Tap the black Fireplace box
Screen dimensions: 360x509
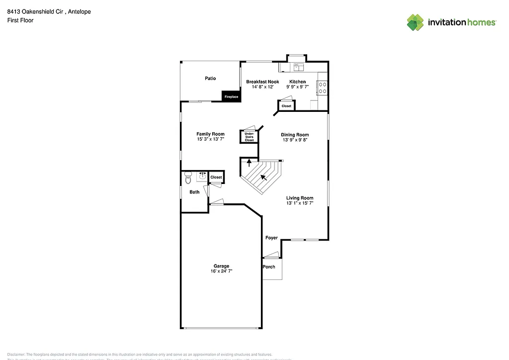click(231, 96)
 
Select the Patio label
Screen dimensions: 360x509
click(210, 79)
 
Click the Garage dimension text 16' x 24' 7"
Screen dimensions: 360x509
click(221, 271)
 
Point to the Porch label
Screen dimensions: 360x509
click(269, 267)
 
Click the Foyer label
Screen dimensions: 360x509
click(271, 238)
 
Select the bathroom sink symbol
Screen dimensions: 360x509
click(202, 176)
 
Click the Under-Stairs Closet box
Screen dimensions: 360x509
click(250, 137)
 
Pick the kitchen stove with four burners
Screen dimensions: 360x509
click(322, 88)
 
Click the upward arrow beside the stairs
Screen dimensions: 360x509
click(250, 162)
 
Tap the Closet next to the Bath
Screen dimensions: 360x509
click(216, 177)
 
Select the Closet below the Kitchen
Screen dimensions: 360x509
click(286, 106)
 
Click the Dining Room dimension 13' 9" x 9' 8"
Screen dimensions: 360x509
click(295, 140)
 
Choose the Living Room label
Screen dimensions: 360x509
click(300, 198)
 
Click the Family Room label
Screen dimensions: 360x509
click(210, 134)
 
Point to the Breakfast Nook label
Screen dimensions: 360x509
click(262, 82)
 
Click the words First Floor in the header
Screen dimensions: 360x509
click(20, 20)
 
